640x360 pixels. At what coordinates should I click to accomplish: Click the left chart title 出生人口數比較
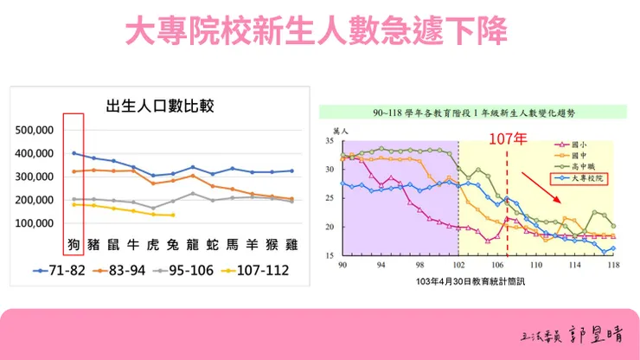(159, 106)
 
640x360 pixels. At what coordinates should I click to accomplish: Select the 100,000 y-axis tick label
(35, 222)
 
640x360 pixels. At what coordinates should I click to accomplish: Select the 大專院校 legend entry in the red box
(580, 179)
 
